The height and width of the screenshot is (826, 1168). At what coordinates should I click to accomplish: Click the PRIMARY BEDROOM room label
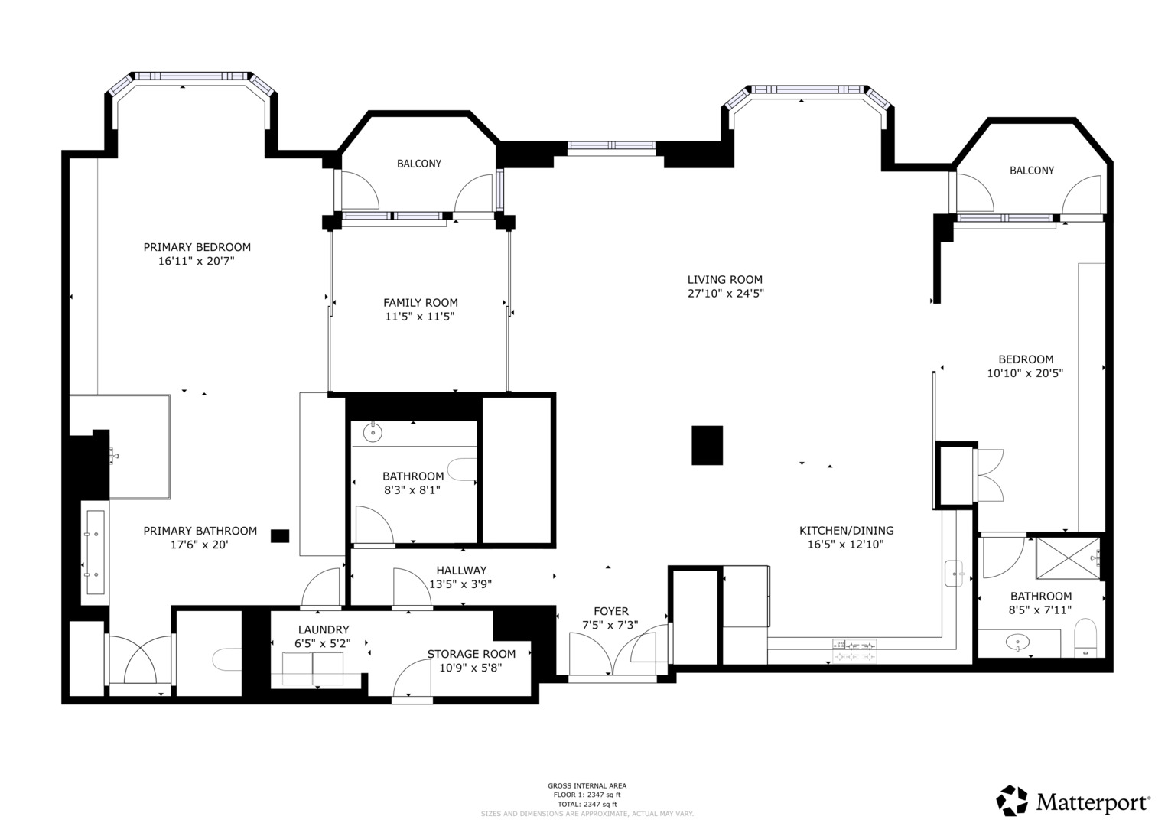pyautogui.click(x=197, y=247)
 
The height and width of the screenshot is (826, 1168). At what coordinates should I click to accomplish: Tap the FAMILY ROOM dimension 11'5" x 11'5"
pyautogui.click(x=420, y=316)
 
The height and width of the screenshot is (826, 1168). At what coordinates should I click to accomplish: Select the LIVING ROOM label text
pyautogui.click(x=724, y=280)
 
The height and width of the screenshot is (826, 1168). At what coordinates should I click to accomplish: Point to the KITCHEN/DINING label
pyautogui.click(x=846, y=531)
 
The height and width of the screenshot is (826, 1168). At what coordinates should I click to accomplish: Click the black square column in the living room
pyautogui.click(x=707, y=445)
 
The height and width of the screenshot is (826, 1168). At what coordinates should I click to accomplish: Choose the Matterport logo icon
pyautogui.click(x=1011, y=801)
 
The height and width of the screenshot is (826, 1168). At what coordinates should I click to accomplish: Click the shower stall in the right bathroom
pyautogui.click(x=1067, y=559)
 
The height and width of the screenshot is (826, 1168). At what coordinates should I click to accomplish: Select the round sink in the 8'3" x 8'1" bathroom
pyautogui.click(x=372, y=433)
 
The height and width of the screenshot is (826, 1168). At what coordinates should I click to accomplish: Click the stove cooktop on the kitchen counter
pyautogui.click(x=854, y=650)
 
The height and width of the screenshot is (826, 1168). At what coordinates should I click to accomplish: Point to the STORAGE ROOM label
pyautogui.click(x=471, y=654)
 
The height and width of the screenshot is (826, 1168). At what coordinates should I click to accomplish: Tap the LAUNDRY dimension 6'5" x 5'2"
pyautogui.click(x=324, y=643)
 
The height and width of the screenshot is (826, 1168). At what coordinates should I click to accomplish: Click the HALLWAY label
pyautogui.click(x=461, y=571)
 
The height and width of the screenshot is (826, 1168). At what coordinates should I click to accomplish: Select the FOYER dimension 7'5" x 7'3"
pyautogui.click(x=610, y=625)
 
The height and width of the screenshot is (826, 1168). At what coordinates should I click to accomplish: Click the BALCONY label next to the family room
pyautogui.click(x=418, y=164)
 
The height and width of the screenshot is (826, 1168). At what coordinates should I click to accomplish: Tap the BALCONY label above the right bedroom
pyautogui.click(x=1031, y=171)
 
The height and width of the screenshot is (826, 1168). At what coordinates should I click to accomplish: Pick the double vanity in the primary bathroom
pyautogui.click(x=95, y=553)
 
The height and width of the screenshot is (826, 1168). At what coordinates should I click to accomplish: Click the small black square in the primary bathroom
pyautogui.click(x=280, y=536)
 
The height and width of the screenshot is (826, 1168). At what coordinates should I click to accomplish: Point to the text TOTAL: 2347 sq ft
pyautogui.click(x=587, y=804)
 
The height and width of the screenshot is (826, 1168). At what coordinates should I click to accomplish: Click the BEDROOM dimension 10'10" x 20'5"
pyautogui.click(x=1025, y=373)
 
